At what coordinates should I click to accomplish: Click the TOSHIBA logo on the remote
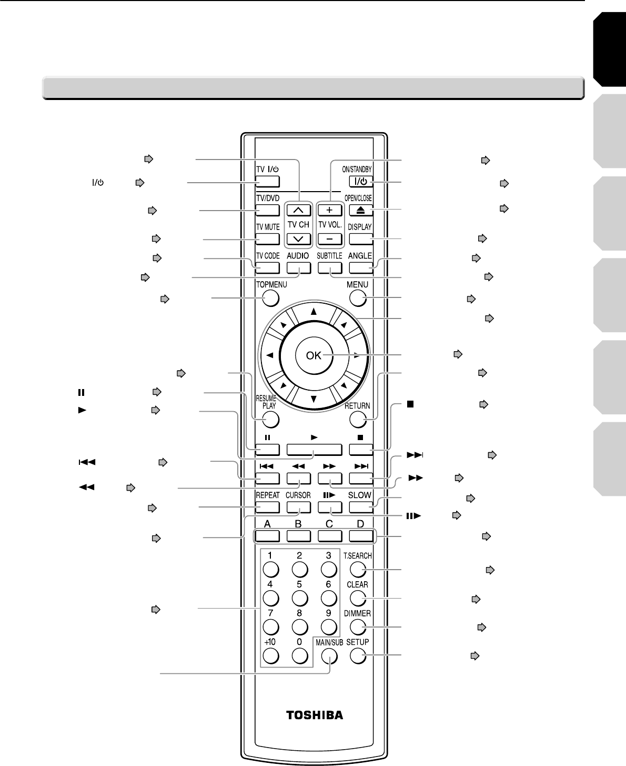[314, 715]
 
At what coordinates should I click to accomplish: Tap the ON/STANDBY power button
[360, 182]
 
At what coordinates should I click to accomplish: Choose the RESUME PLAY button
[270, 419]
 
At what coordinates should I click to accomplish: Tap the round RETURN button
[357, 419]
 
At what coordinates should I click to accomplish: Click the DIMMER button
[357, 626]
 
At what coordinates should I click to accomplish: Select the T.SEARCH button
[357, 569]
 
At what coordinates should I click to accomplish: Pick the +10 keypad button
[270, 655]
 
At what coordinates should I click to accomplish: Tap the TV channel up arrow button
[298, 210]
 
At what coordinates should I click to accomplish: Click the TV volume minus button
[329, 238]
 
